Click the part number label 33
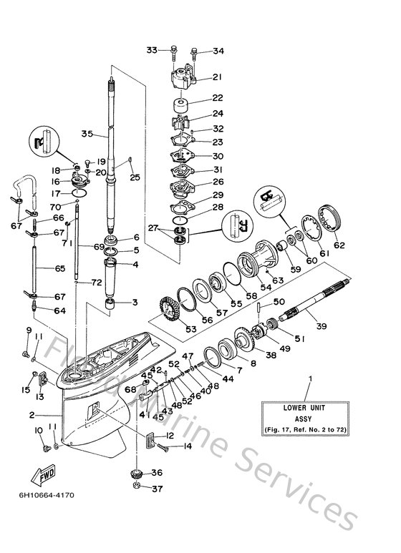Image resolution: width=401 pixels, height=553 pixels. coord(151,49)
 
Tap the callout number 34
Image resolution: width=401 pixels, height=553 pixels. coord(218,51)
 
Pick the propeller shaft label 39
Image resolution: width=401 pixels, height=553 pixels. coord(322,326)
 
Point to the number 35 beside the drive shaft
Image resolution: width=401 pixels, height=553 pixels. coord(87,134)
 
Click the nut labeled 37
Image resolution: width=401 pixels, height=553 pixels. coord(136,489)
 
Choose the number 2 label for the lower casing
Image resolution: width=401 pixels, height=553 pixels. coord(32,414)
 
